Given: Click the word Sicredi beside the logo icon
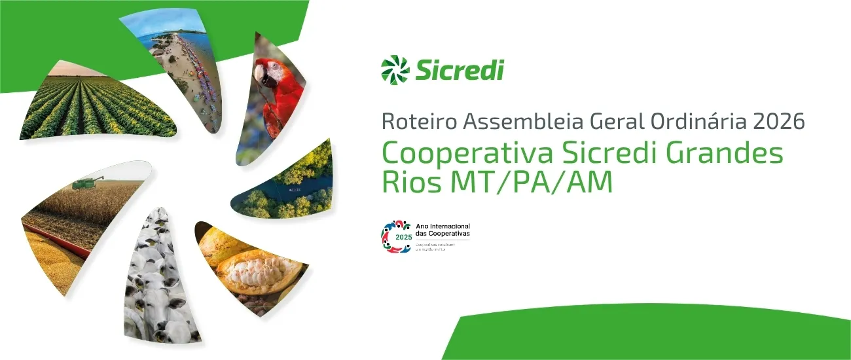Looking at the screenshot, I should coord(459,69).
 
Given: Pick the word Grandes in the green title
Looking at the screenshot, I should coord(729,155).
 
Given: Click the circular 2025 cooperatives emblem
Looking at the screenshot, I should coord(396,236).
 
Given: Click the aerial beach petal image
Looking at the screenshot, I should coord(173,59).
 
